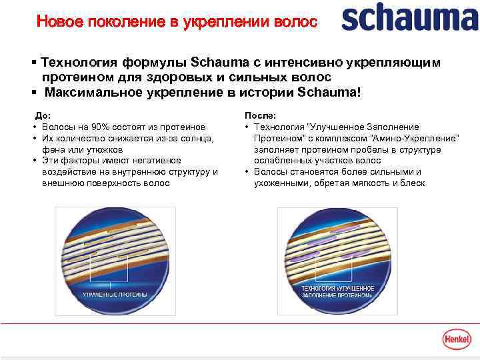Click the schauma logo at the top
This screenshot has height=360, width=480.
[409, 20]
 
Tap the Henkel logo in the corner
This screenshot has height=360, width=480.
[458, 339]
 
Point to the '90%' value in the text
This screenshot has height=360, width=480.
[103, 127]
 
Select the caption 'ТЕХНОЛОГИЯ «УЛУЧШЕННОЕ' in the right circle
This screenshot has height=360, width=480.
[338, 288]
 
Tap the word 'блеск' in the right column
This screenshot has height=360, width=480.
[412, 183]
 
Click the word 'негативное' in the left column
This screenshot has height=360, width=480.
[151, 161]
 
